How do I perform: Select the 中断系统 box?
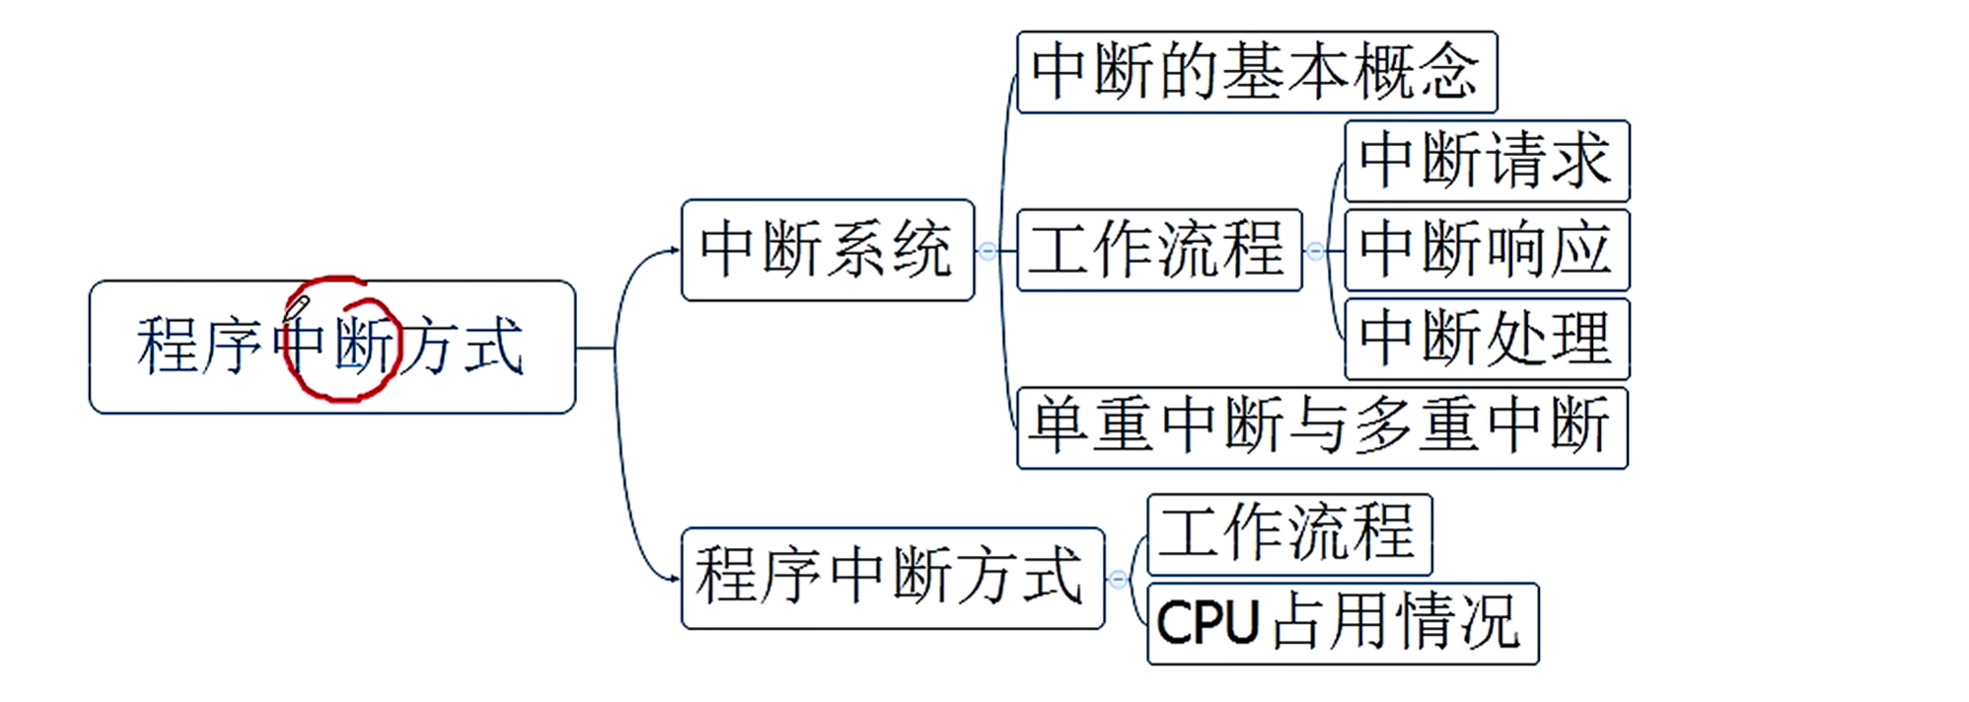tap(827, 250)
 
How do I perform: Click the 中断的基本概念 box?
tap(1256, 72)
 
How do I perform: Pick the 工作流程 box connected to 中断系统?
tap(1157, 250)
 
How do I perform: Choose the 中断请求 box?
tap(1486, 161)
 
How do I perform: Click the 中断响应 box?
tap(1486, 250)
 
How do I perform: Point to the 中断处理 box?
tap(1486, 339)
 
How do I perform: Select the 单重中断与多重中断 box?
tap(1321, 428)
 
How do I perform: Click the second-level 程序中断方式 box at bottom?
tap(891, 578)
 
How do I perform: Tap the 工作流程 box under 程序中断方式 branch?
tap(1288, 534)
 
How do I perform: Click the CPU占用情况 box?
tap(1342, 623)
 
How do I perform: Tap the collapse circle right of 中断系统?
tap(987, 251)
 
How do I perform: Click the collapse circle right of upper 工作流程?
tap(1315, 251)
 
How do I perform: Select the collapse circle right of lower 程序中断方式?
tap(1118, 579)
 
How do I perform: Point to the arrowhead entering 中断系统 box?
tap(675, 251)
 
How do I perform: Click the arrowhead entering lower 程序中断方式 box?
tap(675, 579)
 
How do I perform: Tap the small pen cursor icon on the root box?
tap(298, 305)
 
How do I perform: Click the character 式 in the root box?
tap(494, 346)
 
